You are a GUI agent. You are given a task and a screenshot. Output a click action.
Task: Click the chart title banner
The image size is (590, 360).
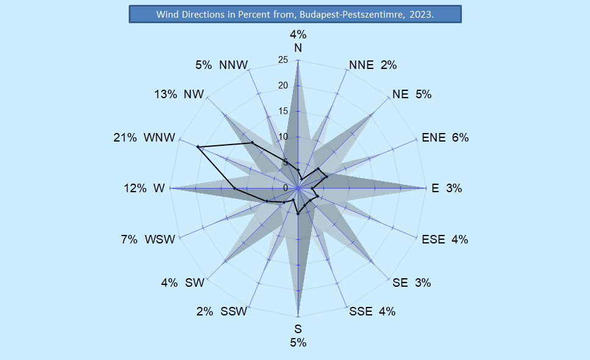click(295, 14)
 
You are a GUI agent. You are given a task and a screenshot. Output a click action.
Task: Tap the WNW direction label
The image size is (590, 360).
click(159, 138)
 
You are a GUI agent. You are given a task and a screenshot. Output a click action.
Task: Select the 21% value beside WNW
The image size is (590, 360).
click(124, 138)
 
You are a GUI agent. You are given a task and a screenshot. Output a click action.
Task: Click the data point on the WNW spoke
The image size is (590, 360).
click(198, 147)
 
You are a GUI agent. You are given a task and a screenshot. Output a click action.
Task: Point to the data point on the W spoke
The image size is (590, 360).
click(235, 189)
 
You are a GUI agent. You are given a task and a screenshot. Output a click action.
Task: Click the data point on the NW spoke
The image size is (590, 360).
click(252, 143)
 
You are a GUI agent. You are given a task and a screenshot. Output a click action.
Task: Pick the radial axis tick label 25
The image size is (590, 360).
click(282, 60)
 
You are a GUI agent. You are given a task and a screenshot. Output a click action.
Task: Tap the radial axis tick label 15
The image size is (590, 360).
click(282, 111)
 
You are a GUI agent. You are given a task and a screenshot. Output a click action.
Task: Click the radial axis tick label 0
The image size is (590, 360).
click(285, 187)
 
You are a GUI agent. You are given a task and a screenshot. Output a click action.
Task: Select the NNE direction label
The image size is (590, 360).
click(361, 65)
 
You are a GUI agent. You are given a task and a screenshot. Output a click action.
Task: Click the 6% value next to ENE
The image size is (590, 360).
click(460, 138)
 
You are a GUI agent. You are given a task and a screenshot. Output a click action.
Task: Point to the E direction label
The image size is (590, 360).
click(435, 189)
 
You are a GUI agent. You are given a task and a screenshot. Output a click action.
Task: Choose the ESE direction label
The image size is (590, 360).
click(433, 239)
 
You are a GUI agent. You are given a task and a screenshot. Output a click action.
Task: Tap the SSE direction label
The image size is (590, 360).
click(361, 312)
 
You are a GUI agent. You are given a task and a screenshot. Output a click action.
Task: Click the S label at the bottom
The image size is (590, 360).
click(298, 331)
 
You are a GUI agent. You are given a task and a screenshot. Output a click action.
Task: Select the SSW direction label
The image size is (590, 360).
click(234, 312)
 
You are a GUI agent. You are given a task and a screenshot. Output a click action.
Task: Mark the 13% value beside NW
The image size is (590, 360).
click(165, 95)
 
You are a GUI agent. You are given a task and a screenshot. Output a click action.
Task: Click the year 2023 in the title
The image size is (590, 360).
click(422, 14)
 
